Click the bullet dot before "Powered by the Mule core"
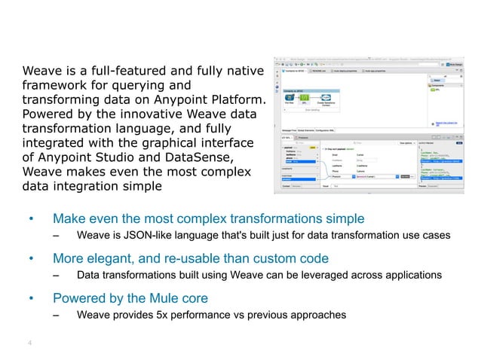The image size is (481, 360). [x=31, y=299]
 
